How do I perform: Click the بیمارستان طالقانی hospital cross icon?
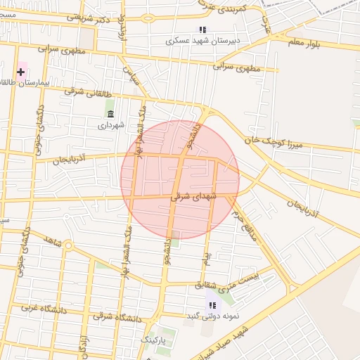point(21,72)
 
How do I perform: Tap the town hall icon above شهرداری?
point(110,114)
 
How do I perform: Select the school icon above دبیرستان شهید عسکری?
point(202,30)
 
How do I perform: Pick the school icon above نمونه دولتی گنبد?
point(212,304)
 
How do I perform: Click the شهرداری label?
point(110,125)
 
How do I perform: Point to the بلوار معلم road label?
point(309,43)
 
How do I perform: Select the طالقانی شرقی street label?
point(79,91)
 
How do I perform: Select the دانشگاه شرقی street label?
point(117,318)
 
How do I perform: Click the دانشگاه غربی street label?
point(42,308)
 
